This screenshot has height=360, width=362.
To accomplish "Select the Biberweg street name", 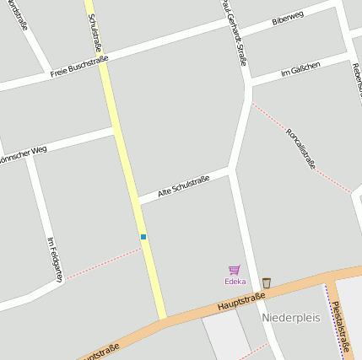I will coord(288,19).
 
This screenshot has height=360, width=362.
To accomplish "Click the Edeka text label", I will coord(235,281).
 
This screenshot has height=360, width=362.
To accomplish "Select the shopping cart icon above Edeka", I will coord(235,269).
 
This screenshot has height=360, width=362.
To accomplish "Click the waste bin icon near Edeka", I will coord(267,282).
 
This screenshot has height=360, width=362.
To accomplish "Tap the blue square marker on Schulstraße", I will coord(143,237).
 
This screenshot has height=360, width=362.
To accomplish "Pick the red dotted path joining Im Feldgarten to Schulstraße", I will coord(101,263).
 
